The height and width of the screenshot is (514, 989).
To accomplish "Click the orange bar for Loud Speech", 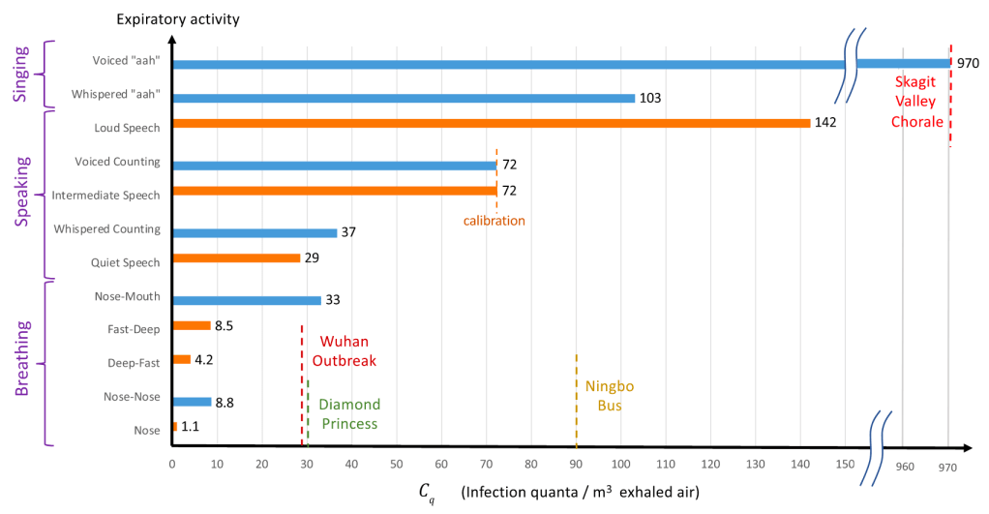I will [491, 123].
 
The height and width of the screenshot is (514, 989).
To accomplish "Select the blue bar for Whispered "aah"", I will [403, 98].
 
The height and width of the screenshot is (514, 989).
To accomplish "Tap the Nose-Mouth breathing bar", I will [246, 300].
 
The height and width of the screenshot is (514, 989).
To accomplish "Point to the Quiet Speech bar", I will [235, 258].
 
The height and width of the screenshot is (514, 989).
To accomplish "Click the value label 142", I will [824, 123].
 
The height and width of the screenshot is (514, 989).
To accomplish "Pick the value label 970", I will [969, 64].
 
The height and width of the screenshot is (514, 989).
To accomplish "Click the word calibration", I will [494, 221].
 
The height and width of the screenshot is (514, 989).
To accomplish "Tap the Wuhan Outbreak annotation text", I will [344, 351].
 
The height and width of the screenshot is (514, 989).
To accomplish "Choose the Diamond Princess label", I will [349, 413].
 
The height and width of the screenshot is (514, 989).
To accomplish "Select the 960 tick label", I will [905, 466].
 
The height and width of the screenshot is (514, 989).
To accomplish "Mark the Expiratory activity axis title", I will [192, 18].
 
